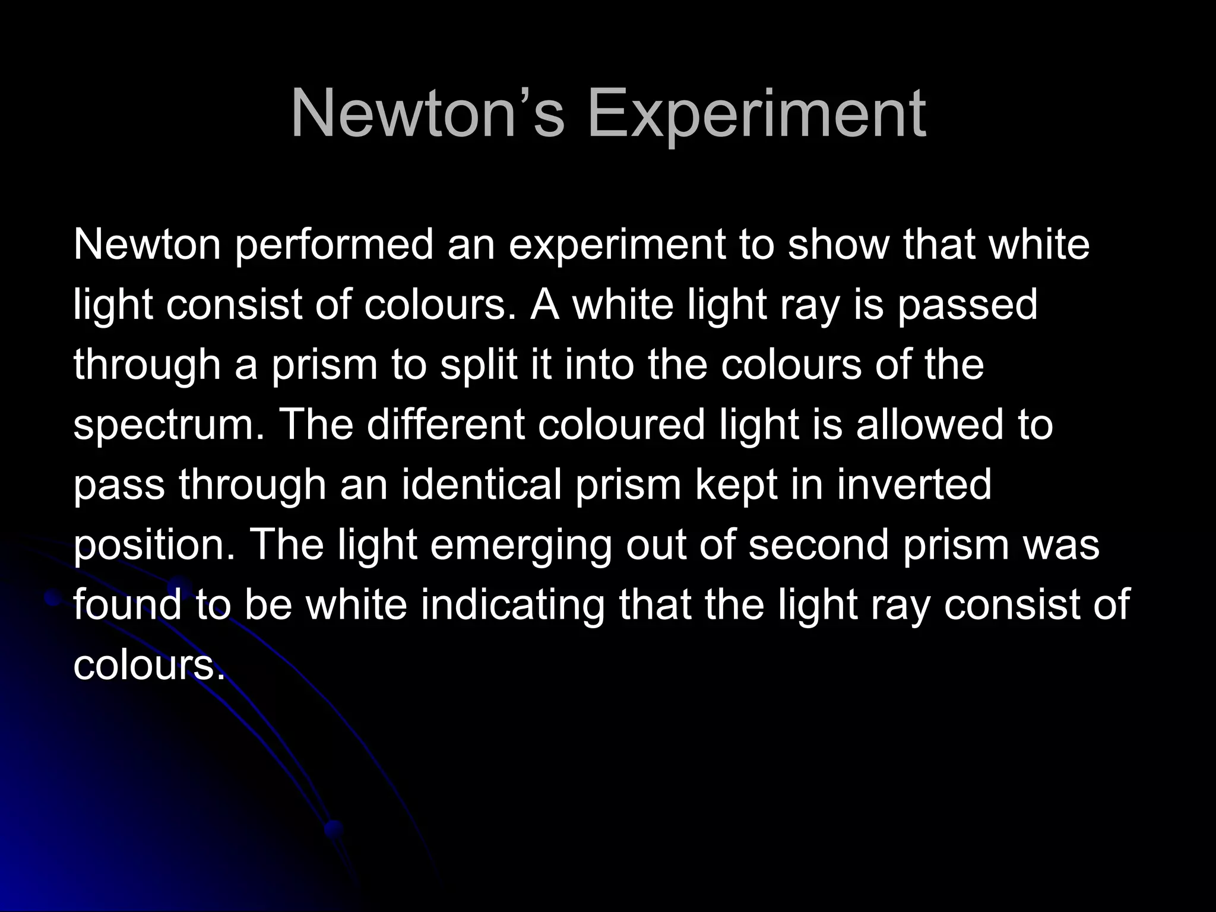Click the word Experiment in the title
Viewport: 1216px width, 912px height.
756,113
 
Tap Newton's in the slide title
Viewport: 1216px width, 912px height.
427,113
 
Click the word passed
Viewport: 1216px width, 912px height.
967,305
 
